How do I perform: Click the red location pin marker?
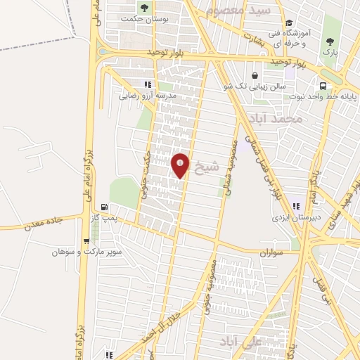pos(181,165)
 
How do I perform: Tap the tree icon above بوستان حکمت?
pos(144,8)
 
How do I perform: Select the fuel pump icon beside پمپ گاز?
pos(105,207)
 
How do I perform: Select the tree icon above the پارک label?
pos(328,40)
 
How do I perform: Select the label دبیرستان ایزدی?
pos(297,218)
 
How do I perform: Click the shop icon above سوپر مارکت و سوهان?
pos(85,239)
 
